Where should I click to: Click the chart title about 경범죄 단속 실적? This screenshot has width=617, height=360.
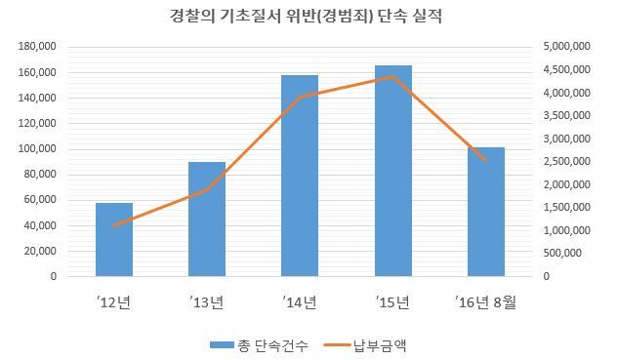coord(307,17)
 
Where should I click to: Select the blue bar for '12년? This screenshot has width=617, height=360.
coord(114,240)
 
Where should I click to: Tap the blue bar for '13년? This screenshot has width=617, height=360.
coord(207,220)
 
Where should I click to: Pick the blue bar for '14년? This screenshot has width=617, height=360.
coord(300,176)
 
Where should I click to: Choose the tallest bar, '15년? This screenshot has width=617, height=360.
coord(393,171)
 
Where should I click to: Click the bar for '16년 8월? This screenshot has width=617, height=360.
coord(486,212)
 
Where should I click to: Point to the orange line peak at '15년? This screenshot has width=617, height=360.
coord(392,77)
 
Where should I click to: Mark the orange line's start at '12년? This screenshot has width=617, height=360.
coord(114,225)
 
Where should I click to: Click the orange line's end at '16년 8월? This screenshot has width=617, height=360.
coord(486,161)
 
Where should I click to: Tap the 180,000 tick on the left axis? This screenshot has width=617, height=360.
coord(37,47)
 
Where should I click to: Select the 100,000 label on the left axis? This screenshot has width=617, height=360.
coord(37,148)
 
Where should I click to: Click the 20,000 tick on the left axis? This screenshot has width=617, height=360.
coord(40,251)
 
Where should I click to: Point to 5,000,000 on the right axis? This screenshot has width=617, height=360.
coord(566,47)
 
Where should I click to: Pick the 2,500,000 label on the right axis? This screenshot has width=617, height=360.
coord(566,161)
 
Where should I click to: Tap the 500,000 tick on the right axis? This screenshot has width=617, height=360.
coord(562,253)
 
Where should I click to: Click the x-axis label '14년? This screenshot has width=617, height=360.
coord(300,302)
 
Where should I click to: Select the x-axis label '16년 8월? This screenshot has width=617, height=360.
coord(485,302)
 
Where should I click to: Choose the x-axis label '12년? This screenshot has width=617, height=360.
coord(113,302)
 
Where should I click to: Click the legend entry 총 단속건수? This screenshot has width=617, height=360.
coord(259,345)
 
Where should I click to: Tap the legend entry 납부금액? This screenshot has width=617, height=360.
coord(365,345)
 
